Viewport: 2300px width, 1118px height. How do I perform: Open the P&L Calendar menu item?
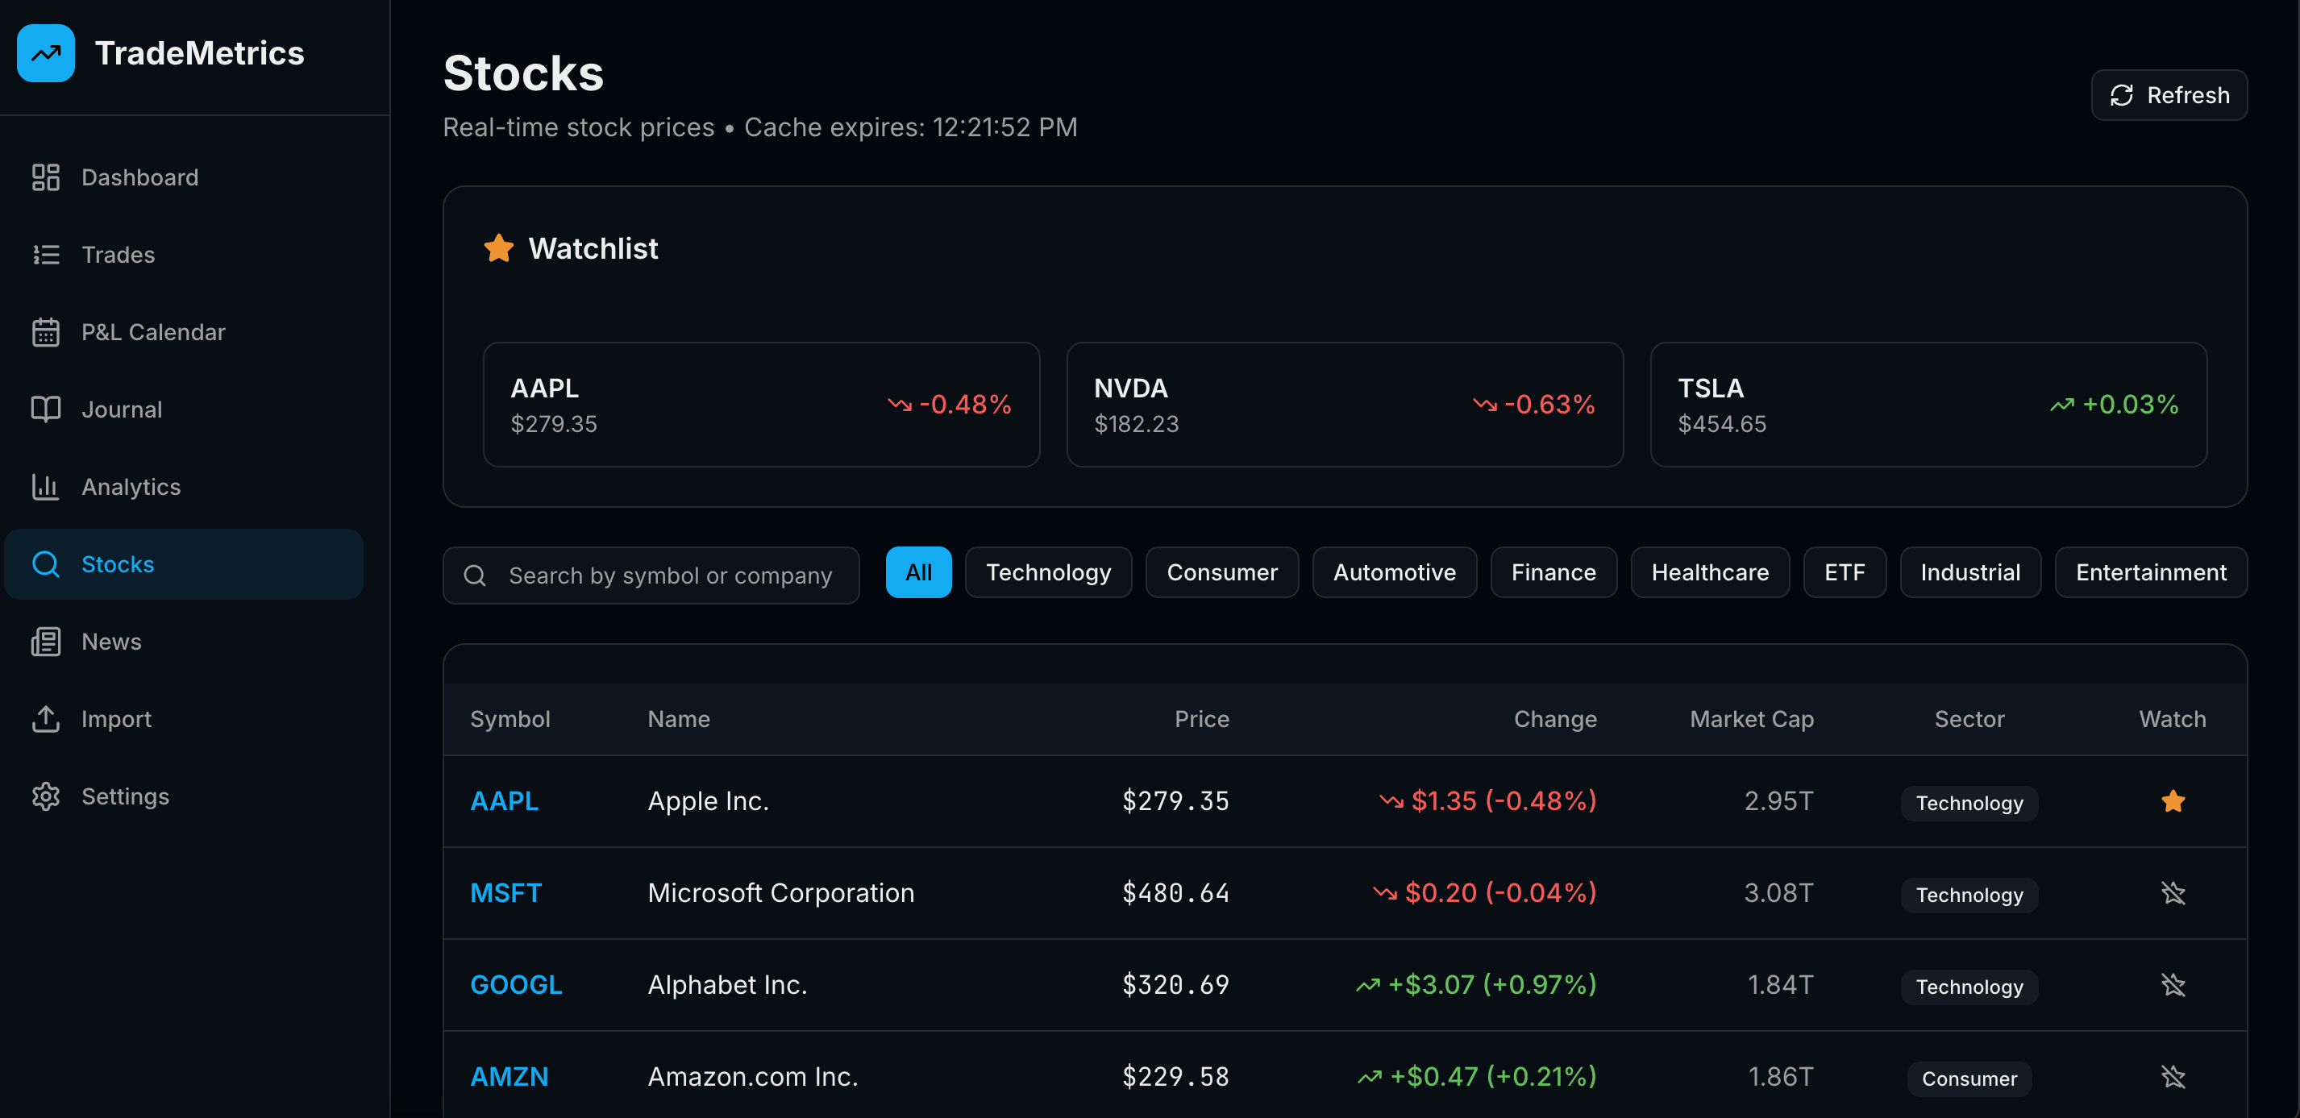click(x=152, y=332)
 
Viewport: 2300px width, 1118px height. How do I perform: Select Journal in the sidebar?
click(x=122, y=409)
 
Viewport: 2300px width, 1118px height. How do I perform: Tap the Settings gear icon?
click(x=45, y=796)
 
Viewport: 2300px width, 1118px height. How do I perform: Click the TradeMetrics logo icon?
click(x=45, y=53)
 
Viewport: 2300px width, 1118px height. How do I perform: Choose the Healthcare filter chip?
click(x=1709, y=572)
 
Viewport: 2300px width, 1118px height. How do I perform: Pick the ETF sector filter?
click(x=1844, y=572)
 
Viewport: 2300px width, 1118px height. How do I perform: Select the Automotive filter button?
click(x=1394, y=572)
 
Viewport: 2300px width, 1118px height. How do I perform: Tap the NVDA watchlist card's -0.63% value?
click(x=1549, y=405)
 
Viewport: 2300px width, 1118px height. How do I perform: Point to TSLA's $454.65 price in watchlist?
click(x=1721, y=424)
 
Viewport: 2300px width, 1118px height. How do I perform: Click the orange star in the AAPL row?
click(x=2173, y=801)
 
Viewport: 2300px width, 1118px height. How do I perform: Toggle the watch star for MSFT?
click(x=2173, y=893)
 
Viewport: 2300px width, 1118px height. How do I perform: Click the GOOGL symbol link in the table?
click(x=515, y=985)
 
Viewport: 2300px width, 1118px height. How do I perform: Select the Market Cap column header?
click(x=1751, y=719)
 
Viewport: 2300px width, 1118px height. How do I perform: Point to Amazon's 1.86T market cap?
click(x=1779, y=1077)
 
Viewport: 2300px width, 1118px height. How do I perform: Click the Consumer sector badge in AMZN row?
click(x=1969, y=1079)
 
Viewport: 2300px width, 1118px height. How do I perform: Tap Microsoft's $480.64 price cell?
click(x=1175, y=893)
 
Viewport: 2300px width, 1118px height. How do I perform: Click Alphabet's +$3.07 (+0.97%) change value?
click(x=1491, y=985)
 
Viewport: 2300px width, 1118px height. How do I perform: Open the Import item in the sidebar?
click(x=116, y=719)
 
